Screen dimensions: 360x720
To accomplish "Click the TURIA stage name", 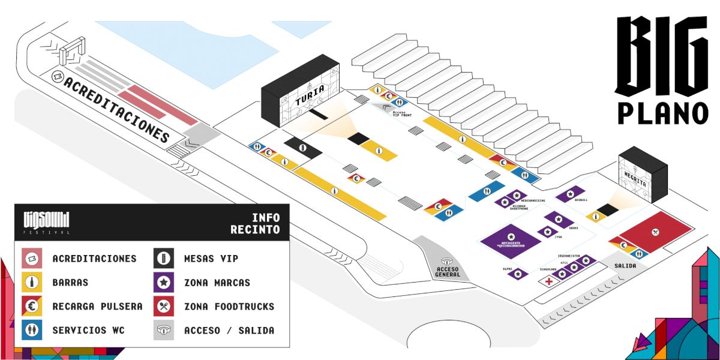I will click(x=310, y=96).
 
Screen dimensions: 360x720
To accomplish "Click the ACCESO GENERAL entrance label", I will click(x=447, y=271).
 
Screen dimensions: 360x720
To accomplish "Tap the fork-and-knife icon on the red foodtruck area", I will click(x=655, y=231).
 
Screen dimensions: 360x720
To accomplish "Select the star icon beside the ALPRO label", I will click(x=518, y=274).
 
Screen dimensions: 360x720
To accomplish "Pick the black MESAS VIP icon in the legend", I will click(x=164, y=259).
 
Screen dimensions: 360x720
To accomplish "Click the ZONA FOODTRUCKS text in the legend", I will click(x=229, y=307).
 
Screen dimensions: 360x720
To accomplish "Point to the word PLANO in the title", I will click(x=663, y=112).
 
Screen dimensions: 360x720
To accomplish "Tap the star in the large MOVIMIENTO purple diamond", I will click(x=511, y=235).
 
